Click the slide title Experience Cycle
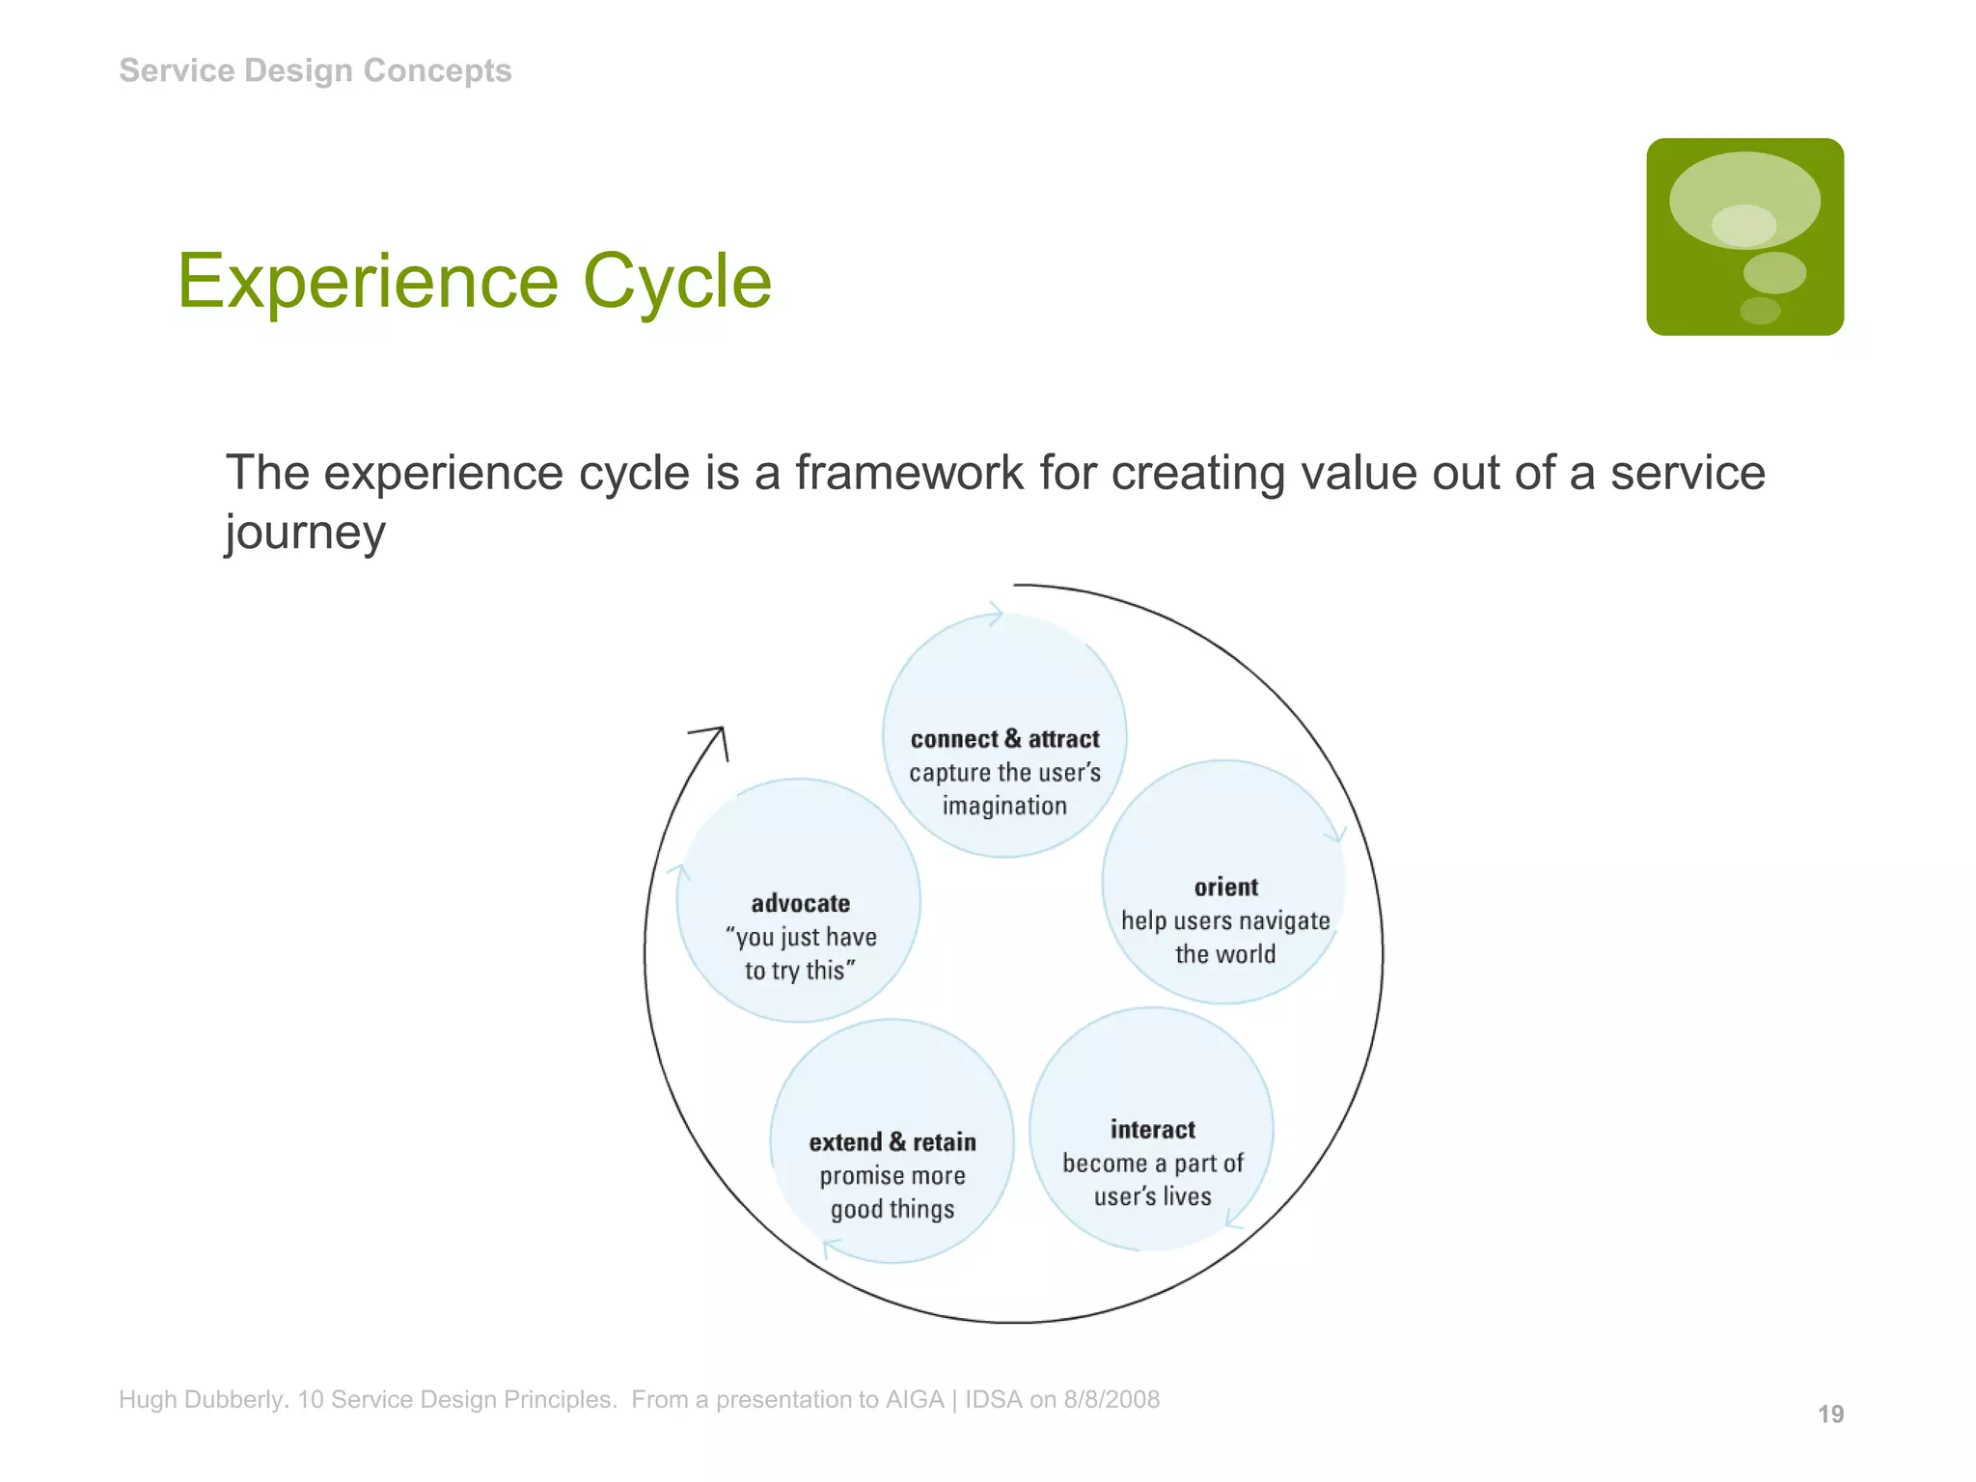[x=474, y=281]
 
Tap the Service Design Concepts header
[x=315, y=70]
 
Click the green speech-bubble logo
[x=1744, y=236]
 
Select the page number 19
[x=1830, y=1414]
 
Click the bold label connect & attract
[x=1004, y=739]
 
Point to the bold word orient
[x=1225, y=888]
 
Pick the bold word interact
[x=1152, y=1130]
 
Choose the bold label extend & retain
[x=892, y=1142]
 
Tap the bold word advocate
[x=800, y=904]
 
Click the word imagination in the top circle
[x=1004, y=807]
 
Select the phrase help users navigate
[x=1225, y=921]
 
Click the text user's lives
[x=1152, y=1197]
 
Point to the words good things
[x=892, y=1210]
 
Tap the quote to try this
[x=800, y=971]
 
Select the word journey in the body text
[x=305, y=533]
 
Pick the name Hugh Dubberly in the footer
[x=203, y=1400]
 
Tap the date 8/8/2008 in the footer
[x=1111, y=1400]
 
